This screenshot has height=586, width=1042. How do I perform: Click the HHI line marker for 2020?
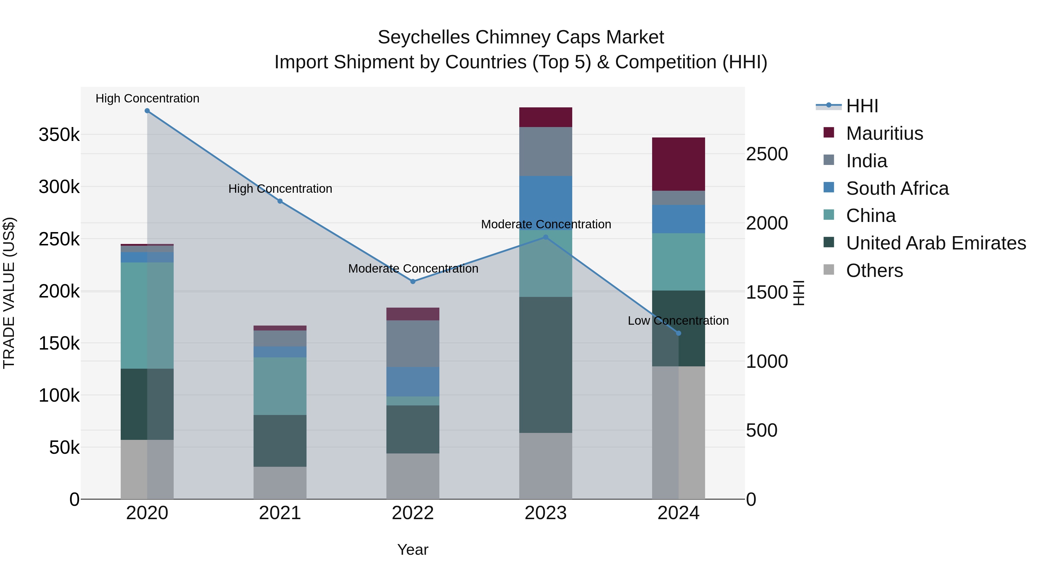pos(147,111)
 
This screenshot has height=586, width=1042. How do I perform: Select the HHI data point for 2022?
pos(413,282)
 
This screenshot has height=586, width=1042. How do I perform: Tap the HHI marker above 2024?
pos(679,333)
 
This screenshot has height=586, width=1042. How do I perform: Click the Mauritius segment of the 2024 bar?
pos(679,164)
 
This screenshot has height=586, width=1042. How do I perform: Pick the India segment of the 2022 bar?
pos(413,344)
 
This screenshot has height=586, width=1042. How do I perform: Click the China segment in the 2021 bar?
pos(280,386)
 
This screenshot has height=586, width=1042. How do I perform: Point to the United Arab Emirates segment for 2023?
pos(546,365)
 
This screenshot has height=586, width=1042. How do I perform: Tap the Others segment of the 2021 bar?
pos(280,483)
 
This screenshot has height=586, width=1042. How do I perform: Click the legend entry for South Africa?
pos(897,188)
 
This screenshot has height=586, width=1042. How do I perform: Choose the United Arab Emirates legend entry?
pos(935,243)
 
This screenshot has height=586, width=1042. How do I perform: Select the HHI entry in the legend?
pos(862,106)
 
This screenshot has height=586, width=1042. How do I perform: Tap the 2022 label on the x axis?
pos(413,513)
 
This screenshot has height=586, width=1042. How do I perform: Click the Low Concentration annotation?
pos(678,321)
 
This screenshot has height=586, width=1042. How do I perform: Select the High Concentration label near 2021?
pos(280,189)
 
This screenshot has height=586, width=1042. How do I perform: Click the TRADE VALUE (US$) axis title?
pos(9,293)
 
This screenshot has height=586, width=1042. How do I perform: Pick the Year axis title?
pos(412,550)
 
